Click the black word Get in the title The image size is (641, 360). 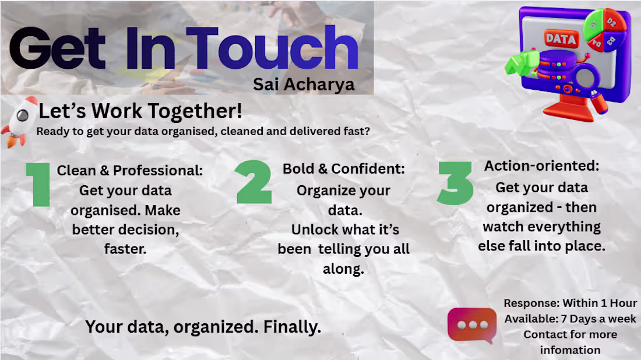[x=58, y=48]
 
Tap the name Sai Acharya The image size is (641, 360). [x=304, y=84]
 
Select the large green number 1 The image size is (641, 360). [x=38, y=184]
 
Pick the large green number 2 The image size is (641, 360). [x=254, y=182]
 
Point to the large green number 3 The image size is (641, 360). [x=455, y=183]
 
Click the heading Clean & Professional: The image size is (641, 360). [x=129, y=171]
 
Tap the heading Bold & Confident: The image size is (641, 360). [x=343, y=169]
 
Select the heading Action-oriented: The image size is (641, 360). [x=542, y=166]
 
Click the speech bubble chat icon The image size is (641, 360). [x=472, y=325]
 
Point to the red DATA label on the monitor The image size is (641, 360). [x=561, y=39]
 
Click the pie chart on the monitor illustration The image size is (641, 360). [x=605, y=30]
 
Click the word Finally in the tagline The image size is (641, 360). [x=293, y=327]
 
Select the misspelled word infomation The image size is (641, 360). [x=570, y=350]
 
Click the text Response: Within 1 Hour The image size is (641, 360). [x=570, y=303]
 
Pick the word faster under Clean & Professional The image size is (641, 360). [x=125, y=249]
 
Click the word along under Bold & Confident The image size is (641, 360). [x=343, y=269]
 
